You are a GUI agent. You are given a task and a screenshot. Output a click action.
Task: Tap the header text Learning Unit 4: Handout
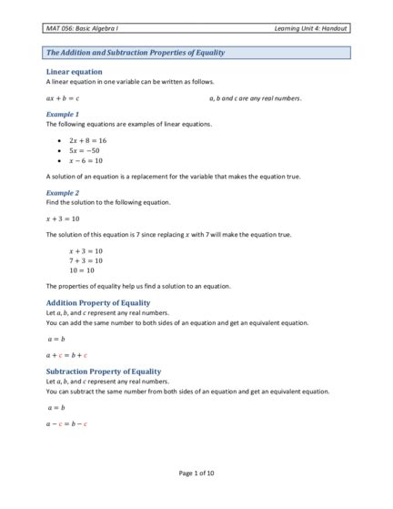(x=309, y=29)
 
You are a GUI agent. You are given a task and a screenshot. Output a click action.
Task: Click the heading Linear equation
(x=74, y=71)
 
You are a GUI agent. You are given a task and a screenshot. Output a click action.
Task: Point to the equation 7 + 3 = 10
(x=86, y=260)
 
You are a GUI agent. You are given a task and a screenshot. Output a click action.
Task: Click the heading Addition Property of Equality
(x=97, y=302)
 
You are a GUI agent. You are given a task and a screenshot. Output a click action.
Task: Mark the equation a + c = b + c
(x=66, y=354)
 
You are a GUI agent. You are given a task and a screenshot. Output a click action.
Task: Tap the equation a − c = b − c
(x=66, y=423)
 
